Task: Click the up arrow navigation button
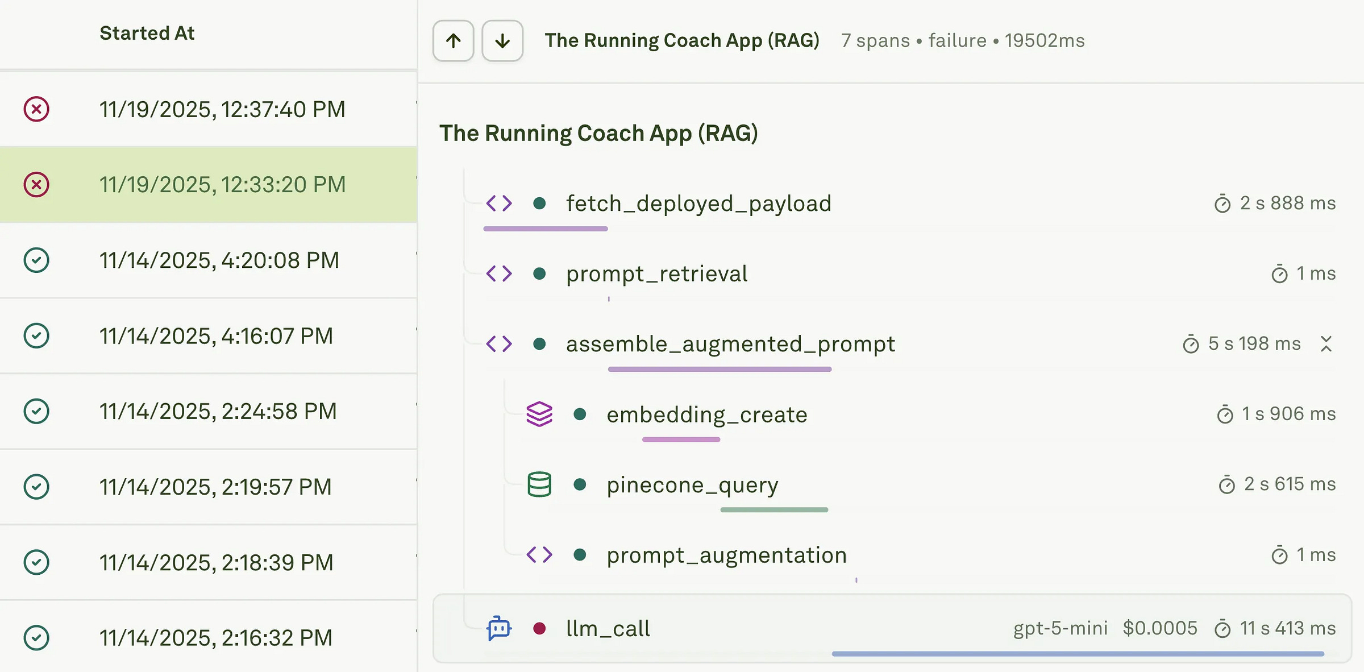(453, 41)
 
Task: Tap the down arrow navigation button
(502, 41)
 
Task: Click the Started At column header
(147, 33)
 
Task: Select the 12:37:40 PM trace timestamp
(222, 109)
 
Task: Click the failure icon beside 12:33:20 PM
(36, 185)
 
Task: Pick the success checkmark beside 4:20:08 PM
(36, 260)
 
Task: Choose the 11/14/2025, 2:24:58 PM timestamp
(218, 411)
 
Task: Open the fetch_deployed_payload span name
(698, 204)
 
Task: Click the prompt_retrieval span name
(656, 274)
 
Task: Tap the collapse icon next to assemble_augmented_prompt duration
(1326, 344)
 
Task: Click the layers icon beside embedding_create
(539, 414)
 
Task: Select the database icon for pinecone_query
(539, 484)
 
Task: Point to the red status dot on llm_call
(539, 628)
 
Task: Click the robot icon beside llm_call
(499, 628)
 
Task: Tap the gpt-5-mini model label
(1061, 628)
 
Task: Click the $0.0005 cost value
(1160, 628)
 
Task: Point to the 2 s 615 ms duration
(1290, 484)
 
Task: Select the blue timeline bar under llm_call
(1078, 654)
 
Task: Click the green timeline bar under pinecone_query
(774, 510)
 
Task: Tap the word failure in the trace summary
(957, 41)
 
